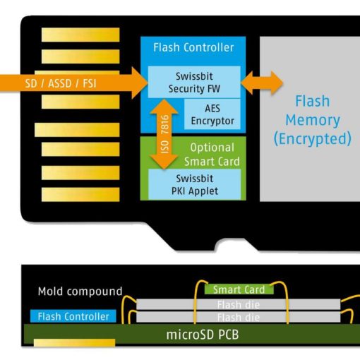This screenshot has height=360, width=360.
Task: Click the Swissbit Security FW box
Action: [194, 82]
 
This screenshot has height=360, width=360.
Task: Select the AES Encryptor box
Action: [212, 114]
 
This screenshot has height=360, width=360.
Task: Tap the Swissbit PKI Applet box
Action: [195, 184]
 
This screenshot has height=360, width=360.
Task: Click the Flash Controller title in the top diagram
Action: [193, 47]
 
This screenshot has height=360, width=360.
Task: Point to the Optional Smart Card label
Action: [212, 155]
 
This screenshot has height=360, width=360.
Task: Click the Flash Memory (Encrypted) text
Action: [313, 120]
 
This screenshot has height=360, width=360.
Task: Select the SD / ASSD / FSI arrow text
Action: [61, 83]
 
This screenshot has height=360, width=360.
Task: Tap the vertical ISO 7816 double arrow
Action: [164, 134]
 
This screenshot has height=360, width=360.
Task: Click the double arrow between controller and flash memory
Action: [262, 83]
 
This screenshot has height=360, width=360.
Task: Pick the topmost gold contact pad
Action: [80, 35]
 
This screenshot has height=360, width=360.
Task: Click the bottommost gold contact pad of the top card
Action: [80, 194]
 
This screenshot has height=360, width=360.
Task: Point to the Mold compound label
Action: [80, 292]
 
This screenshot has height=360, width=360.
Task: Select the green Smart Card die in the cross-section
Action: [239, 289]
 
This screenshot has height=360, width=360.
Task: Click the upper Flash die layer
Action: [239, 304]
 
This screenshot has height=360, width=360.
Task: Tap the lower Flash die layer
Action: [239, 317]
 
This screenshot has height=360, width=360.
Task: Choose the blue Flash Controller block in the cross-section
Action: [73, 316]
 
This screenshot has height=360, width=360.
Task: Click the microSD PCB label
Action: [203, 335]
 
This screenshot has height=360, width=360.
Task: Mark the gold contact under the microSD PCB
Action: [74, 342]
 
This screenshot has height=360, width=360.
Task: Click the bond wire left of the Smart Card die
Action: [196, 301]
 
